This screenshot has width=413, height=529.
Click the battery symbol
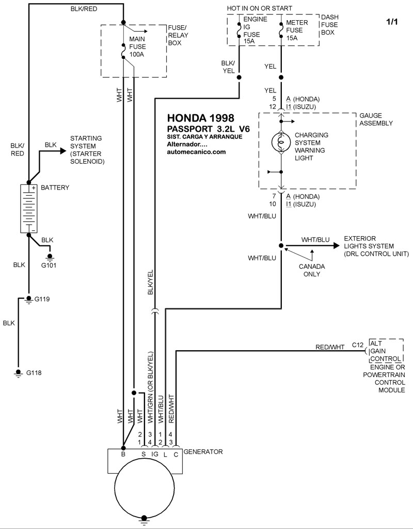[x=29, y=209]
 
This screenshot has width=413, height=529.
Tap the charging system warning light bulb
[x=281, y=142]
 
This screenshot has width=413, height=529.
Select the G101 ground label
[x=49, y=265]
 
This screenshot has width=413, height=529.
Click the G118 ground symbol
[x=18, y=373]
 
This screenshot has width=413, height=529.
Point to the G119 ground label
[x=42, y=299]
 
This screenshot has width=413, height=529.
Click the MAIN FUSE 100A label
[x=137, y=46]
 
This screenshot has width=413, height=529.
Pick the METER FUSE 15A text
[x=297, y=30]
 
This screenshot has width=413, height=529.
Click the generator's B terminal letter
[x=123, y=454]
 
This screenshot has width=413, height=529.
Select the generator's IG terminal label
[x=155, y=454]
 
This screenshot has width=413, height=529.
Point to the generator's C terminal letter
[x=176, y=455]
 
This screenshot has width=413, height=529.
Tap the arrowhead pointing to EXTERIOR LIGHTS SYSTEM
[x=336, y=245]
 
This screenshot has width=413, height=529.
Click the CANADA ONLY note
[x=312, y=270]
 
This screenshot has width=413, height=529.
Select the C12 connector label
[x=358, y=345]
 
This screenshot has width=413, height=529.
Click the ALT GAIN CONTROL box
[x=386, y=351]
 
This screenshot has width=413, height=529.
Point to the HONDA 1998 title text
[x=201, y=118]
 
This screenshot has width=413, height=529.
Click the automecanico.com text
[x=196, y=152]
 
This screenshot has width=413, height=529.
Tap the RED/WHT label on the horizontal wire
[x=330, y=347]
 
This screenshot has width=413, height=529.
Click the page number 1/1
[x=392, y=22]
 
